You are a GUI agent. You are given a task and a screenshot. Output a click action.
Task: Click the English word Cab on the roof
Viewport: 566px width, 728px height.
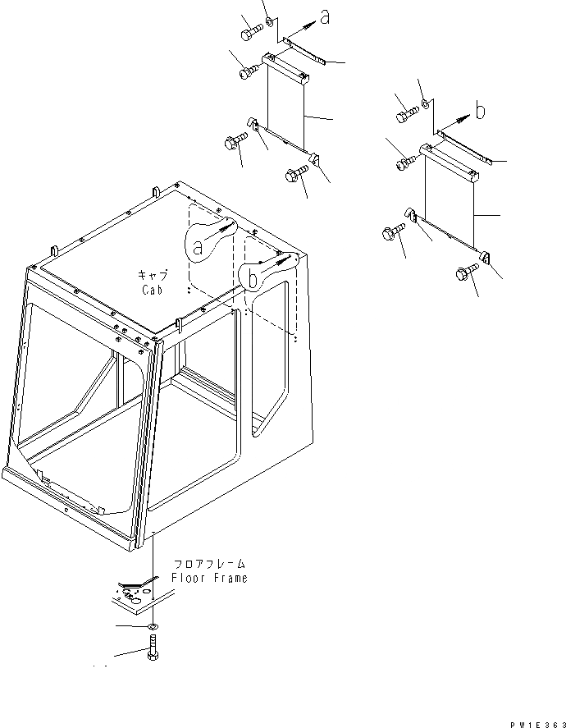click(x=151, y=290)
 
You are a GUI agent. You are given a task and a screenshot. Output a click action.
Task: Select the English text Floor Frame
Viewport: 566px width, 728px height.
click(x=209, y=578)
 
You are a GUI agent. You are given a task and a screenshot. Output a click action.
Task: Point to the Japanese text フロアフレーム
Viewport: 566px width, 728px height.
click(x=209, y=565)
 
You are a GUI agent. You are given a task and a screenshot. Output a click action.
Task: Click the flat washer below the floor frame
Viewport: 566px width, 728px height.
click(x=153, y=628)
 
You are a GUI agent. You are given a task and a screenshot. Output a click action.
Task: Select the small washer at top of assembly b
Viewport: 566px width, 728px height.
click(x=425, y=103)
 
